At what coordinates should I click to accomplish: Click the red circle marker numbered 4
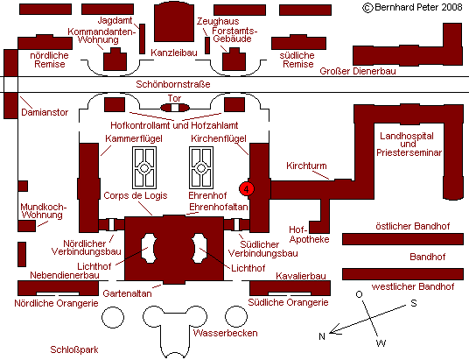coord(247,189)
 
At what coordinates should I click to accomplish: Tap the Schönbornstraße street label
coord(173,84)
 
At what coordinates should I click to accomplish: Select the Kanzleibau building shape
coord(174,23)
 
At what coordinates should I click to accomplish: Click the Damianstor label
coord(45,112)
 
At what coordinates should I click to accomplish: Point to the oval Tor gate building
coord(175,108)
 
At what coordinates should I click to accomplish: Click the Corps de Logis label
coord(136,195)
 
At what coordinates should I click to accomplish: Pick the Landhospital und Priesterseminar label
coord(409,144)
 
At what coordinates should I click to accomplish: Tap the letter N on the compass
coord(322,336)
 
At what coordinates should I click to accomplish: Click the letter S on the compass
coord(414,303)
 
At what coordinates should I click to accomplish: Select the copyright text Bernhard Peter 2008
coord(413,7)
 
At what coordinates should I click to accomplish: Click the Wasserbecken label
coord(225,333)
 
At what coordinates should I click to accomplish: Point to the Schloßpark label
coord(74,349)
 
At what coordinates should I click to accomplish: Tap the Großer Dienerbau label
coord(358,71)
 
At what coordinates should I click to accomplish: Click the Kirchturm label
coord(306,166)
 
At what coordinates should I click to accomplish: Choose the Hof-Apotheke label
coord(309,235)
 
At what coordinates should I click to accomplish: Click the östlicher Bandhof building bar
coord(402,239)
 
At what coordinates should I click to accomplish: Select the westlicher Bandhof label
coord(413,287)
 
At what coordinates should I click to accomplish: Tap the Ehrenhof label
coord(207,195)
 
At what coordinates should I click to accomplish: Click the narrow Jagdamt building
coord(143,39)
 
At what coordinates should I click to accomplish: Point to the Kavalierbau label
coord(301,276)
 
